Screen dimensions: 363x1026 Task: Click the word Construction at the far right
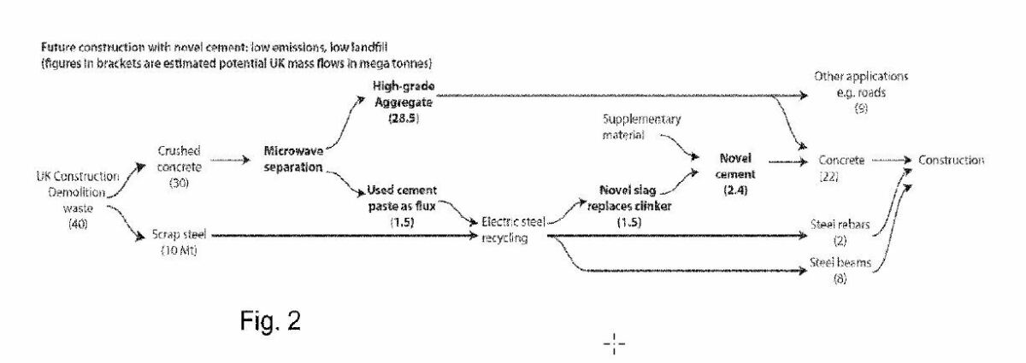[951, 160]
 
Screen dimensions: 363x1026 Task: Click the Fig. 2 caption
[269, 325]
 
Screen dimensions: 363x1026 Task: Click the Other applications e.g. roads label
[860, 83]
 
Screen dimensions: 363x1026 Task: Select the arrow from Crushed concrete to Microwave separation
[230, 160]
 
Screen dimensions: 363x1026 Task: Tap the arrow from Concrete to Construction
[888, 160]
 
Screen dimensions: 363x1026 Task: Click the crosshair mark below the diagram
[615, 344]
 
